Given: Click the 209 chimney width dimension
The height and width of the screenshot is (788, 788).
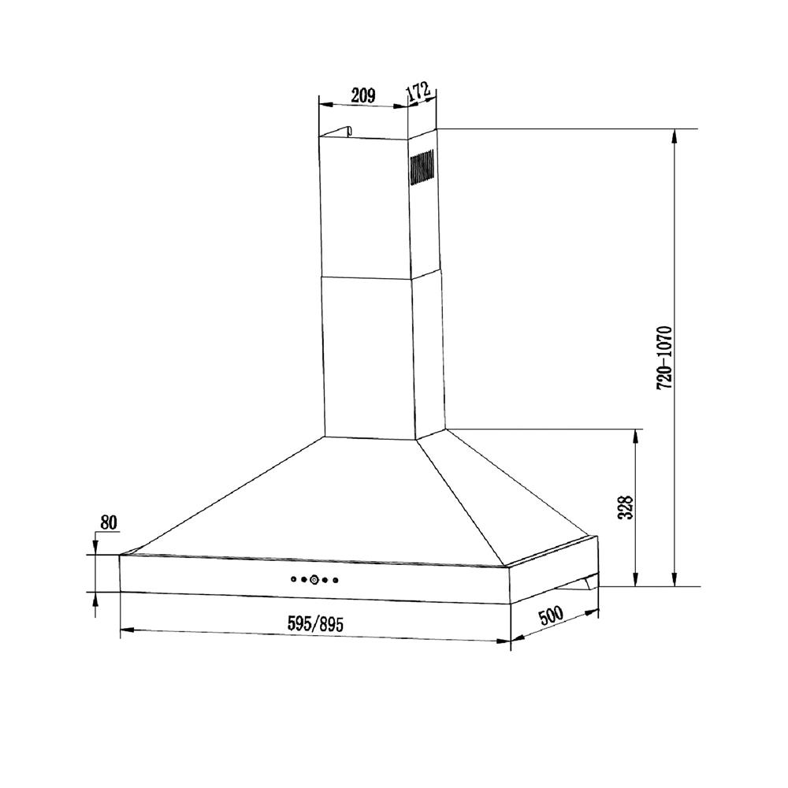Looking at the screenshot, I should pos(362,96).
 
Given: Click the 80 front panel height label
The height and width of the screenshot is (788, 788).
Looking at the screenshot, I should pos(109,522).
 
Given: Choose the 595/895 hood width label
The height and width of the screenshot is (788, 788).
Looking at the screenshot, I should pos(315,623).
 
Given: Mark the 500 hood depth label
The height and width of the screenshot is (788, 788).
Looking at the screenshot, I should pos(556,615).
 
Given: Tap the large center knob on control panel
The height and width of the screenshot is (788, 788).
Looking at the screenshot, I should pos(314,580).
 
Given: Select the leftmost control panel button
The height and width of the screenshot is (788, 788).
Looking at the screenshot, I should pos(293,579).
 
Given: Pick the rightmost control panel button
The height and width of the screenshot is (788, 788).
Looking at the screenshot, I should pos(336,581).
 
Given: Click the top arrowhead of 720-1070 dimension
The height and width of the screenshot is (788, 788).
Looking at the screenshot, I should pos(675,135).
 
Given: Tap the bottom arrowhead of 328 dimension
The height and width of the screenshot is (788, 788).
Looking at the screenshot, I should pos(637,581).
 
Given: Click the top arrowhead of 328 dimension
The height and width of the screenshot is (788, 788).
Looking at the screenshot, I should pos(637,436).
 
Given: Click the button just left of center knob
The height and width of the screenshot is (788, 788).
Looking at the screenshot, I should pos(303,580).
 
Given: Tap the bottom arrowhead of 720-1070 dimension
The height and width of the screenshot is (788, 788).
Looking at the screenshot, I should pos(675,581).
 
